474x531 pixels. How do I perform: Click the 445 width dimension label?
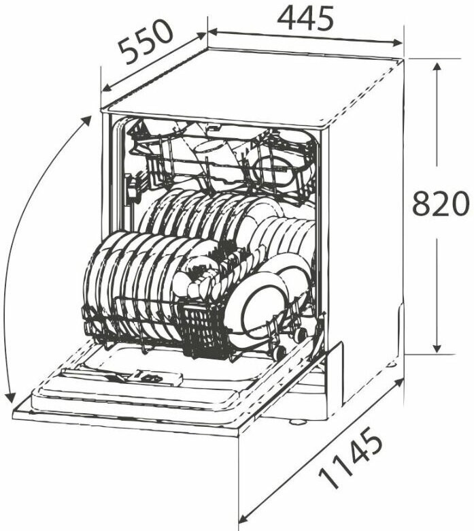coord(305,18)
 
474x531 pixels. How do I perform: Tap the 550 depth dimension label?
coord(146,41)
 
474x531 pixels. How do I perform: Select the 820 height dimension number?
coord(441,204)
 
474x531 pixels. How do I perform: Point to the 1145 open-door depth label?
coord(351,458)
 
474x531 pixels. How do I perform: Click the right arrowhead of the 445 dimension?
coord(398,43)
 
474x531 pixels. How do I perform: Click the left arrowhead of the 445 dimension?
coord(212,32)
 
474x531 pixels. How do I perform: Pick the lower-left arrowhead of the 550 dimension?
coord(107,88)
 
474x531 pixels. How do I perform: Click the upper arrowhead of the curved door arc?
coord(87,120)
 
